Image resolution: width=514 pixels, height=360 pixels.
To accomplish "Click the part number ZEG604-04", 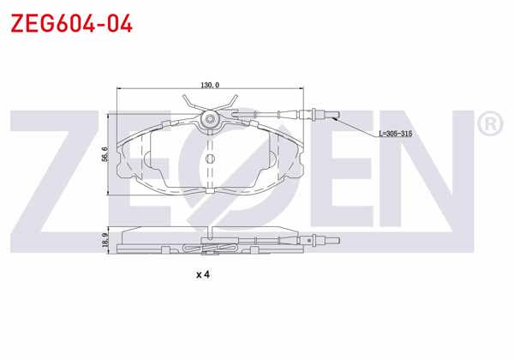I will click(x=71, y=23).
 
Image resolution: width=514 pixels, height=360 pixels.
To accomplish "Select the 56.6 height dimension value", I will click(x=104, y=153).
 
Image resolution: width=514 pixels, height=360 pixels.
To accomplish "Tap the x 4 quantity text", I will click(x=203, y=275).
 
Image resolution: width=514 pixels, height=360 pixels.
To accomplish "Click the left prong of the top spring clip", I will click(x=190, y=105).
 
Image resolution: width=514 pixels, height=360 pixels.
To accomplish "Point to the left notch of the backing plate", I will click(x=145, y=159).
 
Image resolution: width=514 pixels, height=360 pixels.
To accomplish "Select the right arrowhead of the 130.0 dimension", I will click(x=302, y=88).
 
